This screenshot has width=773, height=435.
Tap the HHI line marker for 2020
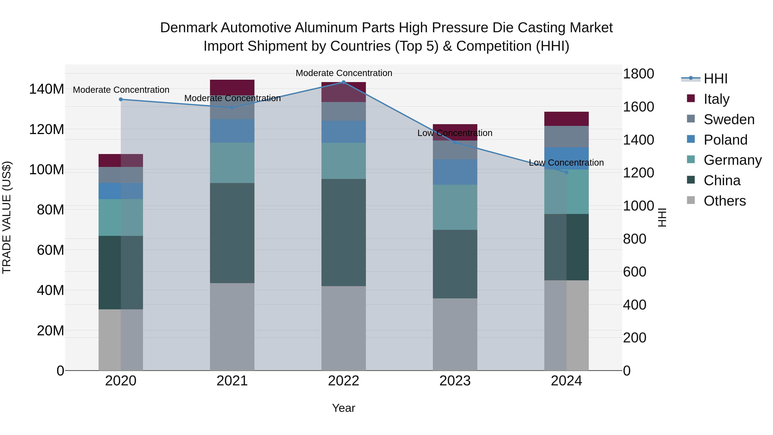coord(121,99)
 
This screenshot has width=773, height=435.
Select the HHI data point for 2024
coord(566,172)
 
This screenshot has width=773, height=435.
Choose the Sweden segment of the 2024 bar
coord(566,137)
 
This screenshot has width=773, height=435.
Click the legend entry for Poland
coord(725,140)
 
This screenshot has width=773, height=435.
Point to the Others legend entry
coord(724,201)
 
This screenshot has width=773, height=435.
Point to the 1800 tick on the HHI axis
coord(639,74)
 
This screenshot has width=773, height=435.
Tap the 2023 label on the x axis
coord(455,381)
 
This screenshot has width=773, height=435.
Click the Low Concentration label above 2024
coord(566,163)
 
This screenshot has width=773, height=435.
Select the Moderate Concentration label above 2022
coord(344,73)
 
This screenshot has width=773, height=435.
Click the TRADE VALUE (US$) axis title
coord(7,217)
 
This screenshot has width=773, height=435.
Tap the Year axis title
coord(344,408)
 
